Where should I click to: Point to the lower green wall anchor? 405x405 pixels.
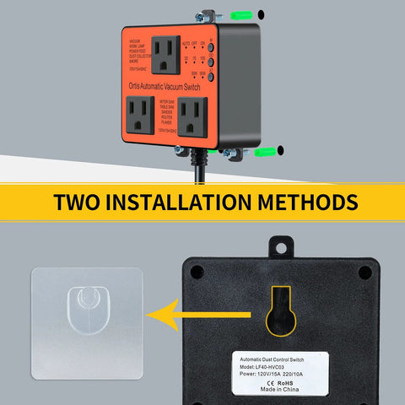(267, 153)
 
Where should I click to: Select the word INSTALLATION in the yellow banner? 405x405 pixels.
(200, 203)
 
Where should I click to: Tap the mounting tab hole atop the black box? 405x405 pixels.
(281, 246)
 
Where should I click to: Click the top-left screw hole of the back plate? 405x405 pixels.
(197, 272)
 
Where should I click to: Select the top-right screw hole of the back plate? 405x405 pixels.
(364, 272)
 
